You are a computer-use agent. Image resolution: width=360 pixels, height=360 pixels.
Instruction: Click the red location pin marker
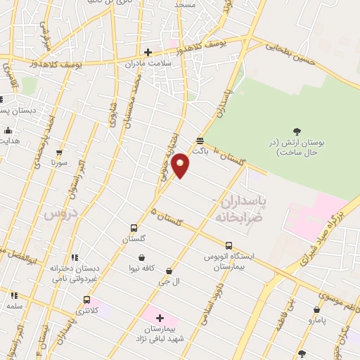181,165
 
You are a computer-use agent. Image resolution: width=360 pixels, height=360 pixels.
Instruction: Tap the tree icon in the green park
296,131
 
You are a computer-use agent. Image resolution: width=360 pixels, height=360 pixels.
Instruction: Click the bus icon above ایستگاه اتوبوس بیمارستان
229,245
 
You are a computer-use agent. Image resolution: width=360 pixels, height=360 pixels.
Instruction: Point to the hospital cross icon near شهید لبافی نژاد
160,319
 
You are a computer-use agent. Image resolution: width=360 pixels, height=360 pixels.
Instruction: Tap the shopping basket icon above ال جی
169,271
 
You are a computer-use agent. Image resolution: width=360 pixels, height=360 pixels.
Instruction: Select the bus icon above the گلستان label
134,229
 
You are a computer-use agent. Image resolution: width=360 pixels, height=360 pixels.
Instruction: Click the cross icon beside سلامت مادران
148,51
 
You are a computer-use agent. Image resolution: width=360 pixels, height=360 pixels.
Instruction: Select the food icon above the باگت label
200,140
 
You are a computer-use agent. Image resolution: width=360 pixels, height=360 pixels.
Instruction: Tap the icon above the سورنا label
58,152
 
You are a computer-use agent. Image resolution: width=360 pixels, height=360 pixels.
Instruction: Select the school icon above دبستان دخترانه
75,257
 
